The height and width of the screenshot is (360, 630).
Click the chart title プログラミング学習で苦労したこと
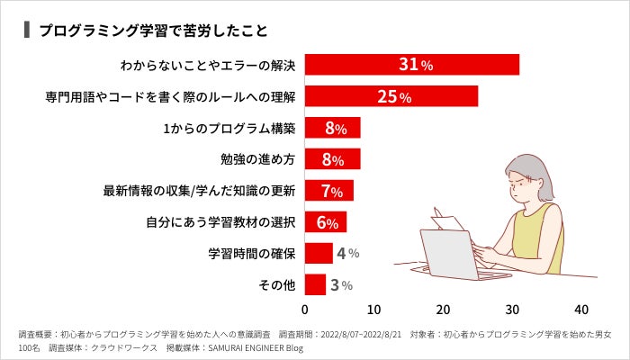[153, 30]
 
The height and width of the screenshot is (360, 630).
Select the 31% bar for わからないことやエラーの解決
[412, 65]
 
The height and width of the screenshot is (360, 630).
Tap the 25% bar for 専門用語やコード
[391, 96]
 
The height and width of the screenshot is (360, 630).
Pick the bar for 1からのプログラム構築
[333, 128]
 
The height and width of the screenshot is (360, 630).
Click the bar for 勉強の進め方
[333, 159]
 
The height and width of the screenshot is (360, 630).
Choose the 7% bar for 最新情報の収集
[329, 191]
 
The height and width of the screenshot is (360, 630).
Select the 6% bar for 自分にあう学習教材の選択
[326, 222]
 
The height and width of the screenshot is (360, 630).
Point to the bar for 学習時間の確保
[319, 254]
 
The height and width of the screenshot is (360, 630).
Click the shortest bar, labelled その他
[315, 285]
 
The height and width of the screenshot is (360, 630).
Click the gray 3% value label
[340, 285]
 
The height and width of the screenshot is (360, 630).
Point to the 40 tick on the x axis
[581, 309]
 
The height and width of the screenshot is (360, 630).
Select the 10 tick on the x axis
[374, 309]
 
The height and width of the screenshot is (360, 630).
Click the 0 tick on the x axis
[305, 309]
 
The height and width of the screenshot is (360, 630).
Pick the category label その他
[278, 285]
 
